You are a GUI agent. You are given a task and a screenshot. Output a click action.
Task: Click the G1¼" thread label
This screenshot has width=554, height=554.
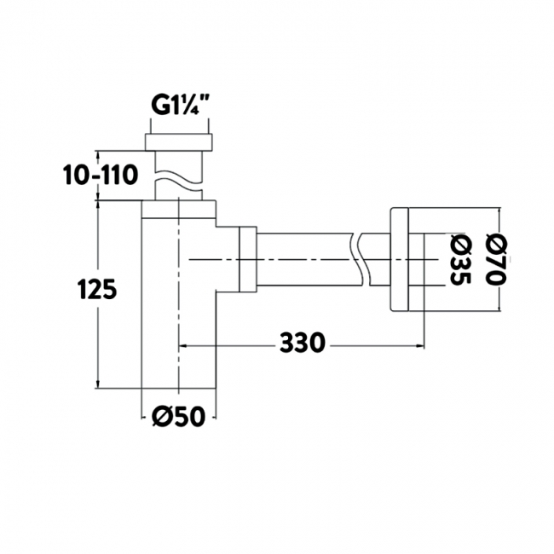pyautogui.click(x=179, y=105)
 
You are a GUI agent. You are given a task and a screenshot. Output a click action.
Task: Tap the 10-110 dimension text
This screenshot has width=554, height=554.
pyautogui.click(x=101, y=175)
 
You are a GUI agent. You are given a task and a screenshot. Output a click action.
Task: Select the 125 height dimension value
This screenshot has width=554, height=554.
pyautogui.click(x=97, y=288)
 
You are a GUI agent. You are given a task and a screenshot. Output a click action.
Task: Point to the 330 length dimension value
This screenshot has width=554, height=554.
pyautogui.click(x=302, y=342)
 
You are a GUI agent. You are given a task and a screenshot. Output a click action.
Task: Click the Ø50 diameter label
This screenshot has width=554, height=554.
pyautogui.click(x=178, y=416)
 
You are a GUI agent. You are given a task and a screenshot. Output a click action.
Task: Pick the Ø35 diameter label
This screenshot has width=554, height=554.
pyautogui.click(x=461, y=260)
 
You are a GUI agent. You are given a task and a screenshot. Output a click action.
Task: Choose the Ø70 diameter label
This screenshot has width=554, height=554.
pyautogui.click(x=496, y=260)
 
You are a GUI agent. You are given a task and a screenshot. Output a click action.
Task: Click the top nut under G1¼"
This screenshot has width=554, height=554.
pyautogui.click(x=179, y=142)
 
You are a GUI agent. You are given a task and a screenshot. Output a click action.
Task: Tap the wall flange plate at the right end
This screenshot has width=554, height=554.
pyautogui.click(x=399, y=260)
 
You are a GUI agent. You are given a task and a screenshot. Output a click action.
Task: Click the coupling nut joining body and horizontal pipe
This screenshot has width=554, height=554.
pyautogui.click(x=248, y=260)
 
